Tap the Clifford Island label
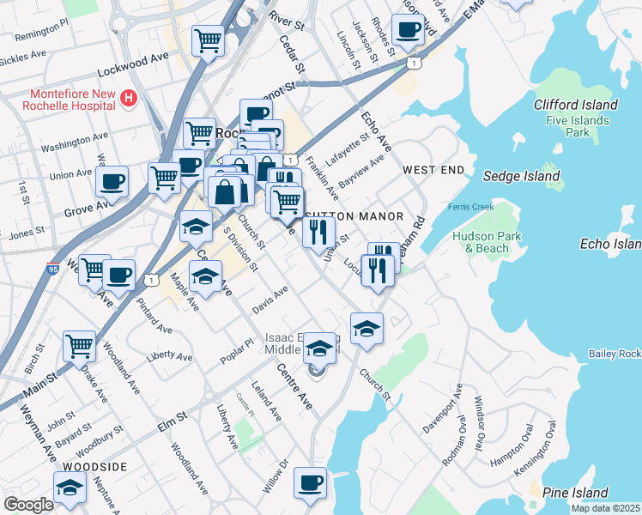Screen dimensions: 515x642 point(575,105)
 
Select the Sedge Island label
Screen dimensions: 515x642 point(522,176)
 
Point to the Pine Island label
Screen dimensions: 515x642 point(574,493)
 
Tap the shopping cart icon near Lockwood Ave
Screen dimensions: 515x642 point(208,39)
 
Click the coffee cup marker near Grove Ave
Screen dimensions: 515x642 point(112,181)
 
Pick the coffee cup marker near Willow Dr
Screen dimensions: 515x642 point(310,482)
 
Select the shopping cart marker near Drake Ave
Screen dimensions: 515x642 point(79,346)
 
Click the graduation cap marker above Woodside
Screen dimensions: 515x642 point(70,487)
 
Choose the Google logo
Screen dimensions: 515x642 point(28,505)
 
